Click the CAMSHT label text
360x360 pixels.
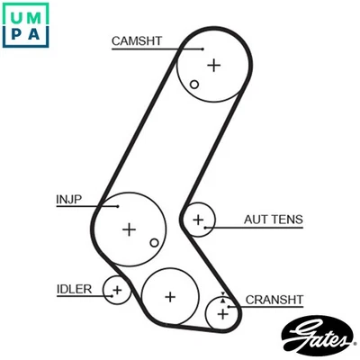136,40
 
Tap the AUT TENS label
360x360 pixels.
272,219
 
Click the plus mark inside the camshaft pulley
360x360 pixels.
213,65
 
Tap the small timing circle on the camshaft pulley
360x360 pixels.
194,85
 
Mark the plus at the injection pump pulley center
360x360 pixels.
130,229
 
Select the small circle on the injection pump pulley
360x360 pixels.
155,242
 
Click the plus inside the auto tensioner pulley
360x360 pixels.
199,219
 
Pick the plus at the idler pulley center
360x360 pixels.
116,290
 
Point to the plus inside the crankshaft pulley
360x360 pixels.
221,314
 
